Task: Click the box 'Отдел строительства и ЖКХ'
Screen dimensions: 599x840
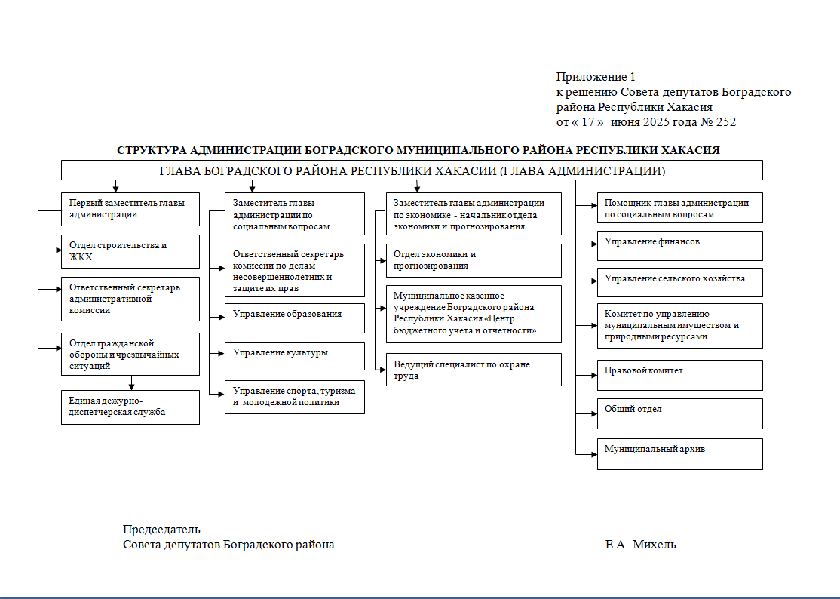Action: (130, 252)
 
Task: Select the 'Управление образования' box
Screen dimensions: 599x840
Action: (295, 318)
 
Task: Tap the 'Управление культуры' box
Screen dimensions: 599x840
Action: (295, 355)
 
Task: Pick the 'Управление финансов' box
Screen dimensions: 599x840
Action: (679, 245)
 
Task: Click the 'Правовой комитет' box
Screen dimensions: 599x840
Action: (679, 374)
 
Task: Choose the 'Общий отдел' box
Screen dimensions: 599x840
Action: (679, 413)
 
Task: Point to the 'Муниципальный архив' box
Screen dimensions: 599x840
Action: (679, 453)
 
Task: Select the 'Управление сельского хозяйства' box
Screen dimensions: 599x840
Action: (679, 281)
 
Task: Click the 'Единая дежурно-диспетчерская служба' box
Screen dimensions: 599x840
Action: (130, 407)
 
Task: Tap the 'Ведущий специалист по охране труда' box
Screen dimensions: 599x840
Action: (474, 370)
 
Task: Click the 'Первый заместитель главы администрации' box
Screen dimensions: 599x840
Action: (130, 209)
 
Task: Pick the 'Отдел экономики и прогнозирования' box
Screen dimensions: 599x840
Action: (474, 260)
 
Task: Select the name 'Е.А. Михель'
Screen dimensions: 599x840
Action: (640, 545)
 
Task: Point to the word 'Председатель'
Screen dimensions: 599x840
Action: (161, 530)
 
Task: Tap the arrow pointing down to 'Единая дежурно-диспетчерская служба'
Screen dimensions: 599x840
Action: (132, 384)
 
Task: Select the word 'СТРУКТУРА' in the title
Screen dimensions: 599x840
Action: (150, 150)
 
